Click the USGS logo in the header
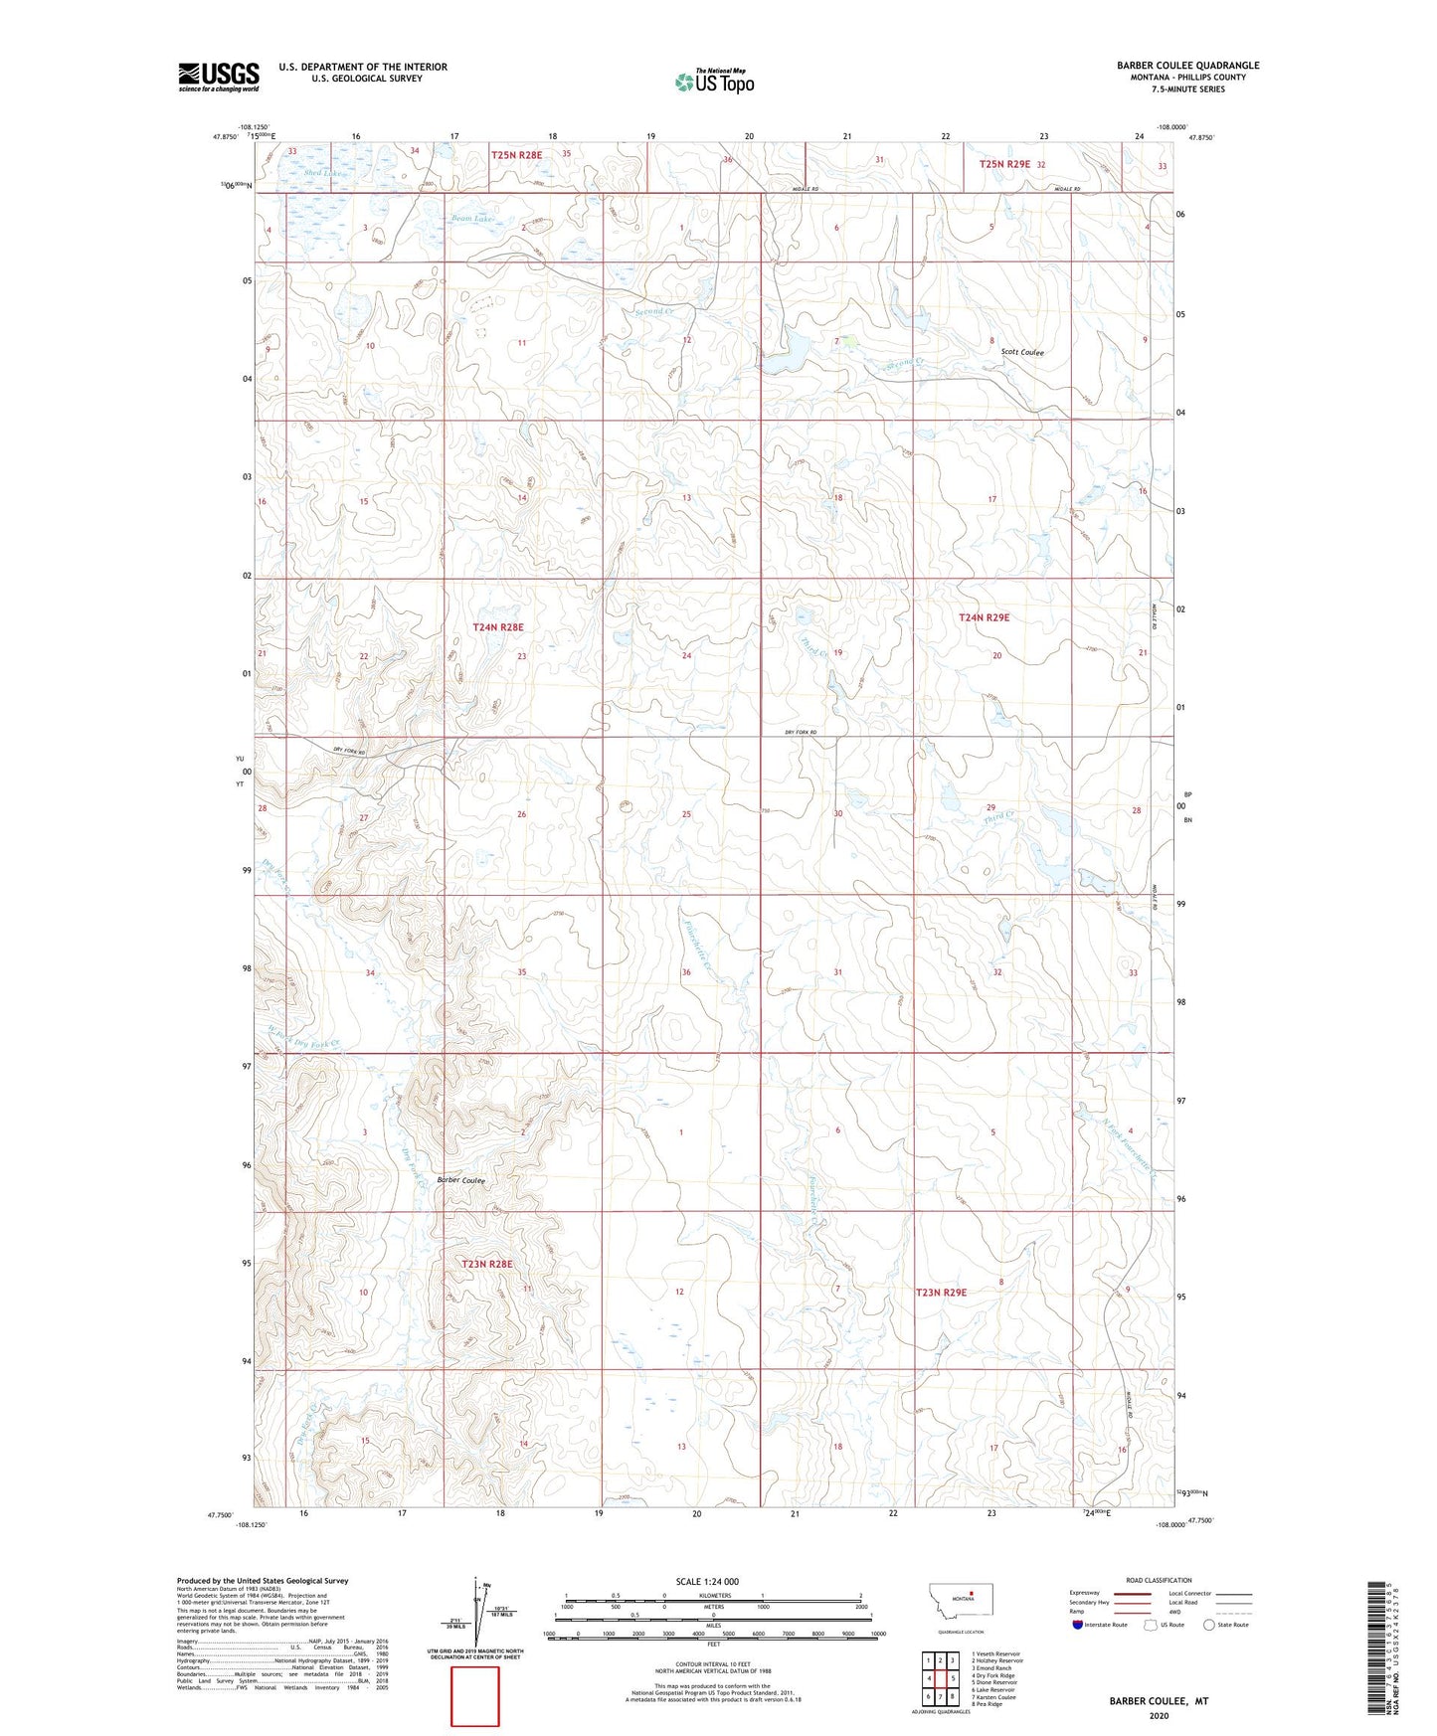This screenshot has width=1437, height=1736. point(218,77)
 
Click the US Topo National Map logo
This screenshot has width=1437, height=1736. point(714,81)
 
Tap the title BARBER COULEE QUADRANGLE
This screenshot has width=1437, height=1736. point(1187,66)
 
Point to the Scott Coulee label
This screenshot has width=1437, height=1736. point(1022,352)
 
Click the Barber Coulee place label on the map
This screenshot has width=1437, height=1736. point(461,1180)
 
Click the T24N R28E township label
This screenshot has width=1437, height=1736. point(497,627)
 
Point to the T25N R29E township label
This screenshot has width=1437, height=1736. point(1005,163)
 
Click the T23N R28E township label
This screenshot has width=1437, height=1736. point(487,1264)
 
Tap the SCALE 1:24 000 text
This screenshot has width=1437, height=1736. point(707,1581)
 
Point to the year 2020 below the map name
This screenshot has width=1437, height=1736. point(1159,1715)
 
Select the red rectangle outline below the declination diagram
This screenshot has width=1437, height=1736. point(475,1696)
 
